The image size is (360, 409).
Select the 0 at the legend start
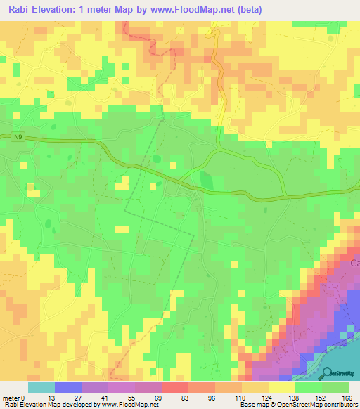(x=24, y=398)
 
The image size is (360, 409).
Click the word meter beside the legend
(x=11, y=398)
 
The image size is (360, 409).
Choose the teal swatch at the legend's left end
(x=41, y=387)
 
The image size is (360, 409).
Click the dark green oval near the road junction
(x=206, y=180)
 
